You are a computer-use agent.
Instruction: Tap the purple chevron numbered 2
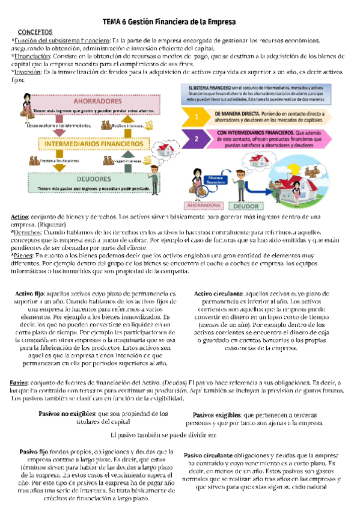[x=197, y=139]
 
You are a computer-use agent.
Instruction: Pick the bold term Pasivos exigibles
[x=217, y=415]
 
